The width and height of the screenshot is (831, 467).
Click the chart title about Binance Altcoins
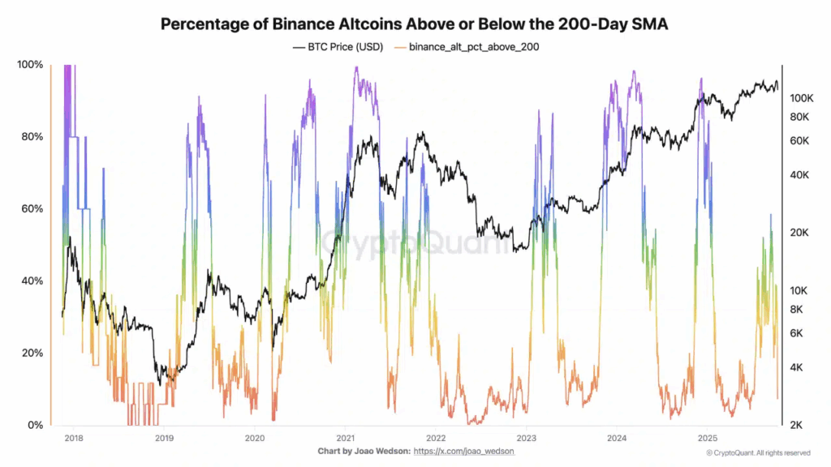point(415,24)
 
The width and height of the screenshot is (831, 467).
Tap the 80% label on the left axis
point(31,136)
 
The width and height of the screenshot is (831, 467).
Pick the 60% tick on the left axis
point(31,208)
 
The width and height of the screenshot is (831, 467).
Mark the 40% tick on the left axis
point(31,281)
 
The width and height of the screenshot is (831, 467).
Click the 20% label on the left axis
point(31,353)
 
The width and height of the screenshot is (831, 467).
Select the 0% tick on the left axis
point(34,425)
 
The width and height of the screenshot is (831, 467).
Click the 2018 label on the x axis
point(73,436)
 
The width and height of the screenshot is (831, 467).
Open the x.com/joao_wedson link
point(463,451)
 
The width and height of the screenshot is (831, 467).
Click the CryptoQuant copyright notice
point(757,452)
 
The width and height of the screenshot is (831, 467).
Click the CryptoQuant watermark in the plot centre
point(415,243)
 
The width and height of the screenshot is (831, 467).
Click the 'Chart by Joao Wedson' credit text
point(363,451)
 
